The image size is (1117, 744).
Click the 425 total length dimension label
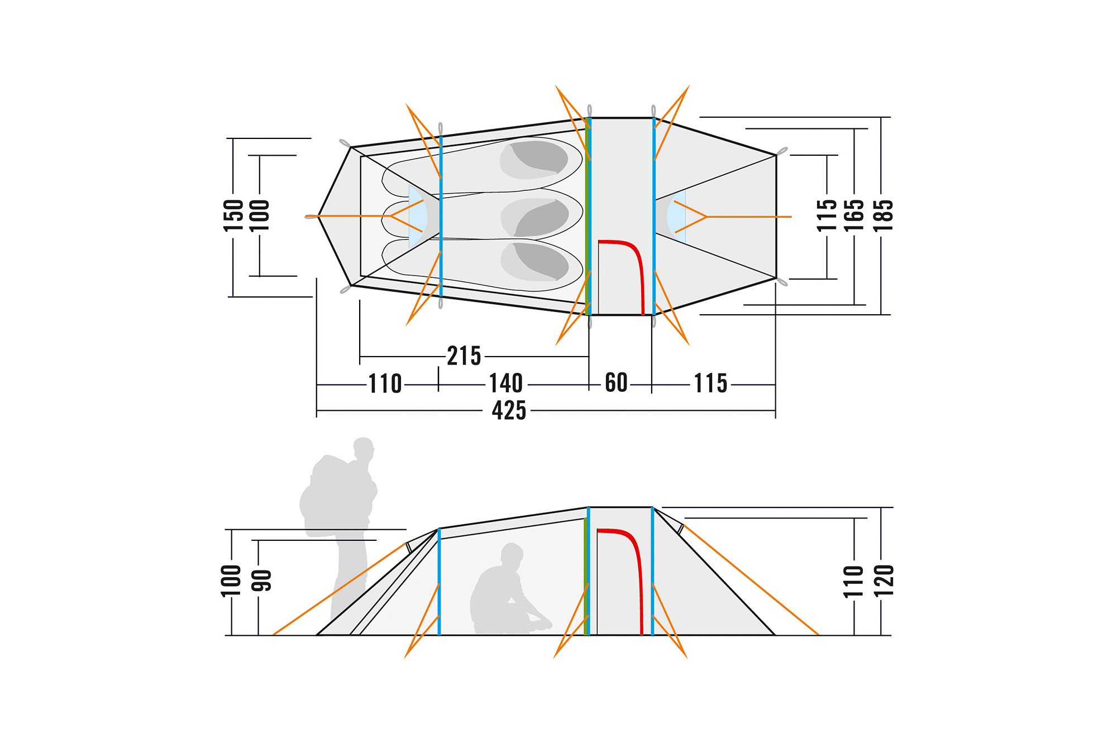pos(509,411)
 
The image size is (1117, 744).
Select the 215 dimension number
pos(464,356)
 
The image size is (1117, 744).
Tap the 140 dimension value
pos(506,384)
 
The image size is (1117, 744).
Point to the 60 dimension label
pos(616,383)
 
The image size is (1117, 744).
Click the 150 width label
pos(233,215)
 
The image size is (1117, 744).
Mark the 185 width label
pos(882,215)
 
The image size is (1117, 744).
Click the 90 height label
pos(261,581)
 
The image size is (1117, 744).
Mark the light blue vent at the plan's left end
pos(417,217)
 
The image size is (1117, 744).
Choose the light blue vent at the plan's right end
pos(676,216)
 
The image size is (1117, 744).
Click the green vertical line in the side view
pos(585,575)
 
